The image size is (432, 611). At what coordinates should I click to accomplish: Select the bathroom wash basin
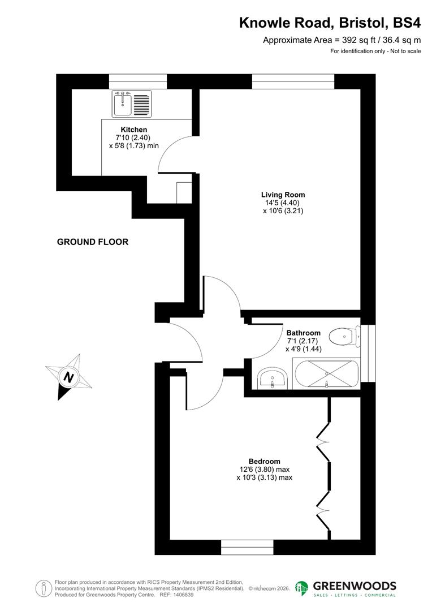274,378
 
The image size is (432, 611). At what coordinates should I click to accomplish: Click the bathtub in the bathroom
326,374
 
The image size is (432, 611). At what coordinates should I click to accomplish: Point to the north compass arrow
68,377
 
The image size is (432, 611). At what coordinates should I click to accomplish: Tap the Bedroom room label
264,461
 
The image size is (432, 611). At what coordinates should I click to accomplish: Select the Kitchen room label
133,130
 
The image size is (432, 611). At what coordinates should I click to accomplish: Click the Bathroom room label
303,333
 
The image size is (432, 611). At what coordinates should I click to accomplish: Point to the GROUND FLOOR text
93,242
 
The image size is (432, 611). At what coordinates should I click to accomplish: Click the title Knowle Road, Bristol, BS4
330,23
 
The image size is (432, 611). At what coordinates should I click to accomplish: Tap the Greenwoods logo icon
302,588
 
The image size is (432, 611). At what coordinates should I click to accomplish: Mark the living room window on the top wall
292,81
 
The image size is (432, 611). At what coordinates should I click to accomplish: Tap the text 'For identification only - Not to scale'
375,51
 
